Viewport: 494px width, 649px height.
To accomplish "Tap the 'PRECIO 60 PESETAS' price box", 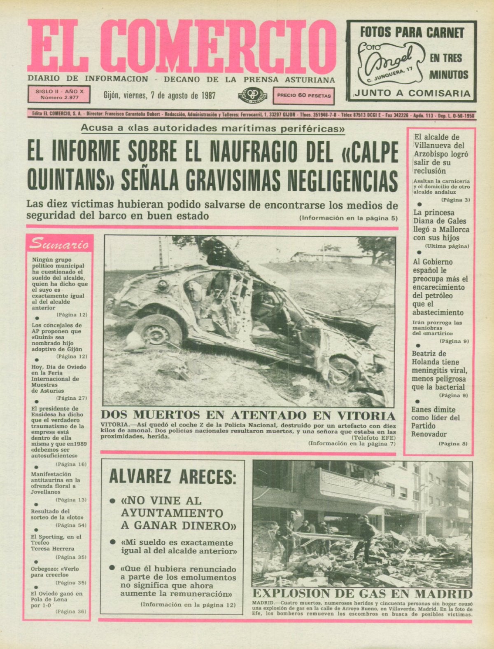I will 304,96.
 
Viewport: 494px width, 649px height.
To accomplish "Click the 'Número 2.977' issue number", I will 59,98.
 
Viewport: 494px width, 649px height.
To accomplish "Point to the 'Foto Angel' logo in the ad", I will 389,62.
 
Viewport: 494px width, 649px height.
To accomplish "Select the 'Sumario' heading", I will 59,244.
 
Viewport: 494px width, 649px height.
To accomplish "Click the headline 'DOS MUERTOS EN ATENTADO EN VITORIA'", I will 248,415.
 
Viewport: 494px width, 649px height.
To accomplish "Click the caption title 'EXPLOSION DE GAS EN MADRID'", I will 362,594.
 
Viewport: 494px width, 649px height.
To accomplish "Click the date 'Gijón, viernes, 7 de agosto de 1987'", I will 160,96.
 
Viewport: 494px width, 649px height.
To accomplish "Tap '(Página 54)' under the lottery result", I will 71,525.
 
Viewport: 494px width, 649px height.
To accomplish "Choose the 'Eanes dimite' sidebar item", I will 433,410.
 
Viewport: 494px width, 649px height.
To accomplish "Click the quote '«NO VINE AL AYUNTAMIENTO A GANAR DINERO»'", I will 178,513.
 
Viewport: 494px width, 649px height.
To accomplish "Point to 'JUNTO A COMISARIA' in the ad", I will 412,93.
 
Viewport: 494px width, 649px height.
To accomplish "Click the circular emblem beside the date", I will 252,96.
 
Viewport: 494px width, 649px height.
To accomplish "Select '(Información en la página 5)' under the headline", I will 348,218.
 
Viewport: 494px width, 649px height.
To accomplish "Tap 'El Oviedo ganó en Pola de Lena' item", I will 57,600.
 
